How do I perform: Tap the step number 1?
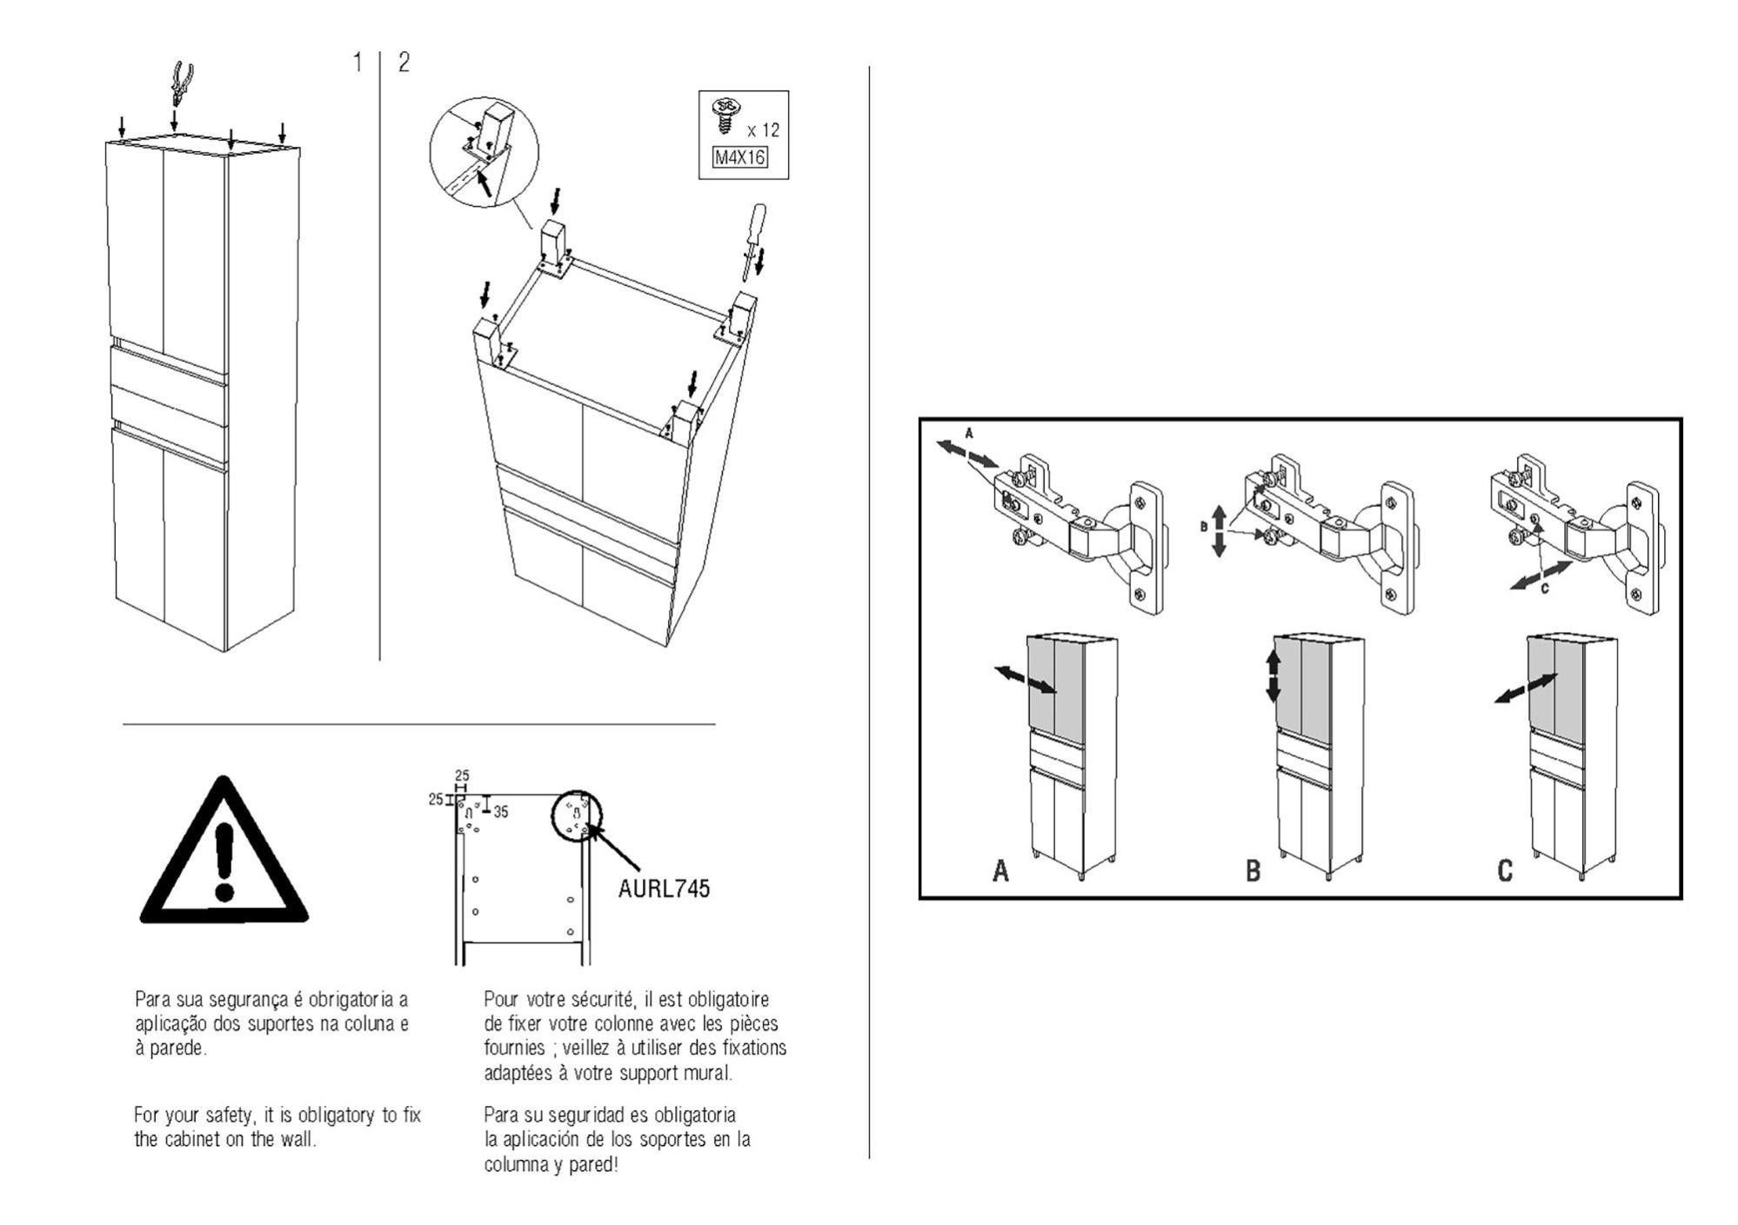point(357,63)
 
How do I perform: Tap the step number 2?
point(404,63)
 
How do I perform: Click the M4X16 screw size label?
point(739,158)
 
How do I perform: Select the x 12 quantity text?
point(763,130)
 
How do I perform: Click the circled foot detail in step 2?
point(484,151)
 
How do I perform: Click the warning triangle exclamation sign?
point(224,856)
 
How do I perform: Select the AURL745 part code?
point(664,889)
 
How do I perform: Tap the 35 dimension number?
point(501,812)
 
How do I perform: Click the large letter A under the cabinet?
point(1000,870)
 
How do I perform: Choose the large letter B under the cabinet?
point(1253,870)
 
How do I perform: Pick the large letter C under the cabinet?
point(1505,870)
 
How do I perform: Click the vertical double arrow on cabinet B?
point(1273,677)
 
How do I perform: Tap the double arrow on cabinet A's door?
point(1026,680)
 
